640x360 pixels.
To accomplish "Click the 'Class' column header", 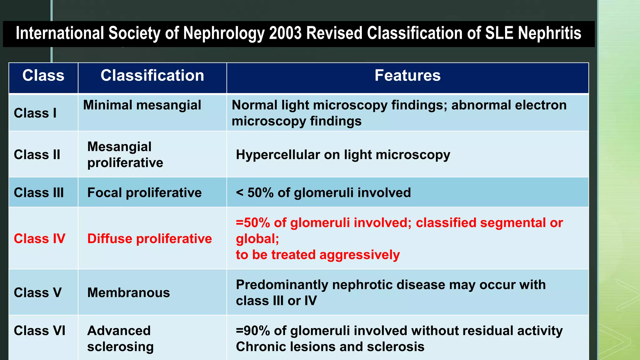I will pyautogui.click(x=43, y=76).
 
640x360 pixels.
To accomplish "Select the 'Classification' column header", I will pyautogui.click(x=152, y=76).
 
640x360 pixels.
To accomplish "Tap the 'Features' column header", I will pyautogui.click(x=407, y=76).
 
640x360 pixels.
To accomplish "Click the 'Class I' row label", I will pyautogui.click(x=35, y=113).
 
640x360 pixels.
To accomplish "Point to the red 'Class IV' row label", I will pyautogui.click(x=39, y=239).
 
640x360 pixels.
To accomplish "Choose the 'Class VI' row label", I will pyautogui.click(x=39, y=331).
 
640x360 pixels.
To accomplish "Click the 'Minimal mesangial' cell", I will pyautogui.click(x=142, y=105).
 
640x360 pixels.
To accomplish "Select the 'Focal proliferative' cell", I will pyautogui.click(x=144, y=193).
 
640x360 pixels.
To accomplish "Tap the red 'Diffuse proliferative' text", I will pyautogui.click(x=149, y=239).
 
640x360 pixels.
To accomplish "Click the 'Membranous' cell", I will pyautogui.click(x=128, y=293).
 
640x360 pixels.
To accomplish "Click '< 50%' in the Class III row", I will pyautogui.click(x=255, y=193).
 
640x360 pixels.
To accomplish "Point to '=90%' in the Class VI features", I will pyautogui.click(x=252, y=331).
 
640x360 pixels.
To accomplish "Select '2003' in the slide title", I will pyautogui.click(x=285, y=33).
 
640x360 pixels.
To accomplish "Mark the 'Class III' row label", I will pyautogui.click(x=39, y=193).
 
